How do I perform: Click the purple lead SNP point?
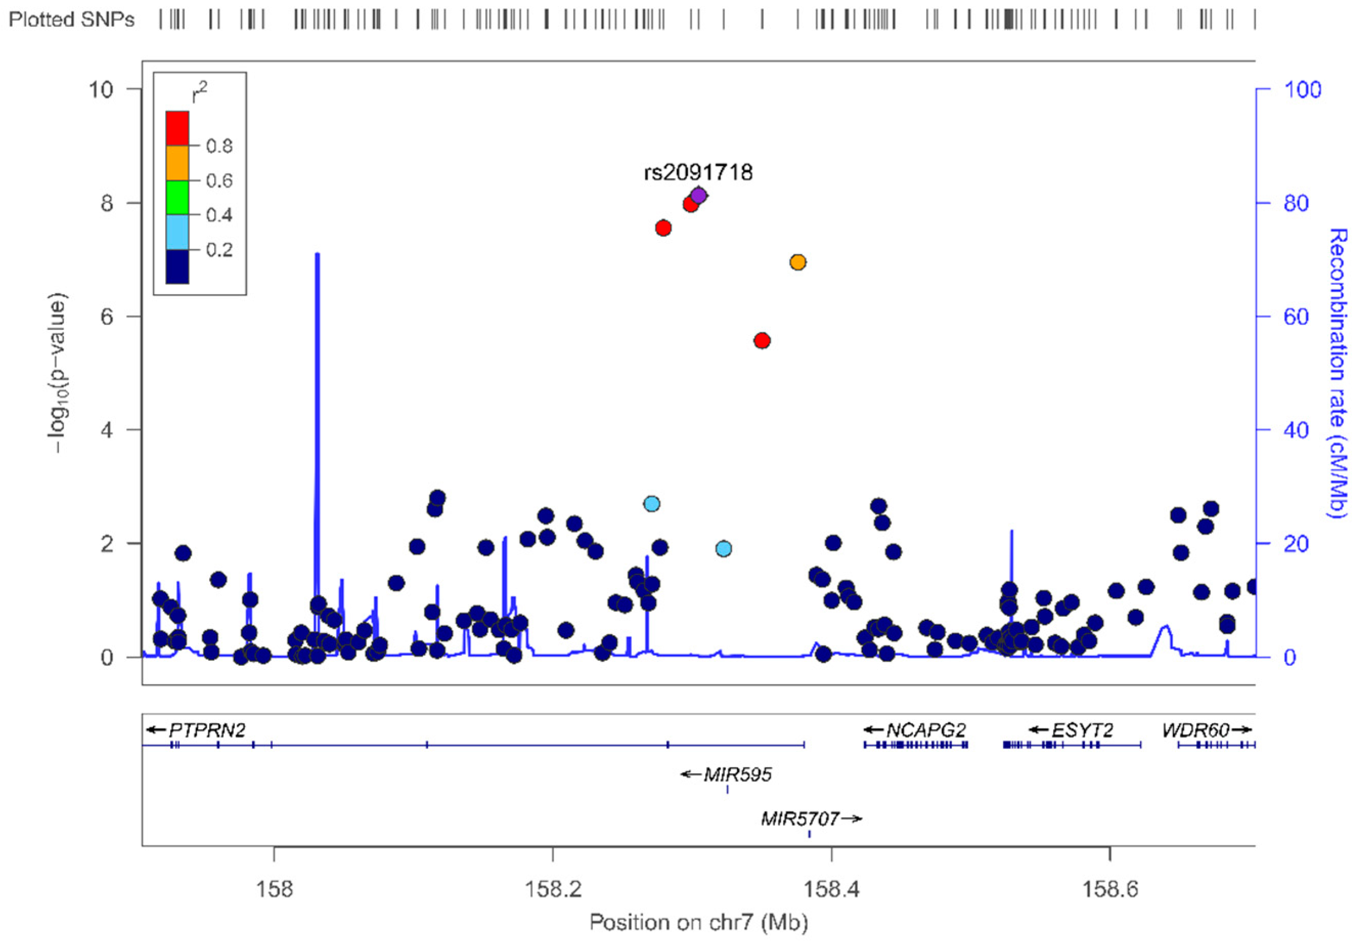[x=698, y=195]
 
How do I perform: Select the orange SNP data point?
[x=797, y=262]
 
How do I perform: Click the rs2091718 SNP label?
[x=698, y=172]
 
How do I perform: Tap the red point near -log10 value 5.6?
[x=762, y=341]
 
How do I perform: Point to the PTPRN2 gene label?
[x=207, y=730]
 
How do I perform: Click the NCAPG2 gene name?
[x=926, y=730]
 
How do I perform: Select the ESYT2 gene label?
[x=1082, y=730]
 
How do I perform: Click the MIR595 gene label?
[x=737, y=774]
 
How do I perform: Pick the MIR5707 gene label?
[x=800, y=818]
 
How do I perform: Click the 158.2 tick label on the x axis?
[x=552, y=888]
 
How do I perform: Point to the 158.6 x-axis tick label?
[x=1110, y=888]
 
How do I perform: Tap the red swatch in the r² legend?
[x=177, y=128]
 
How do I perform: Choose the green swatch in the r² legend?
[x=177, y=197]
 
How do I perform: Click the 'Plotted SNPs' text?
[x=71, y=20]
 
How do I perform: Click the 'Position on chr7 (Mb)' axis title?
[x=698, y=922]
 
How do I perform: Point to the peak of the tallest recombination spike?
[x=317, y=254]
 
